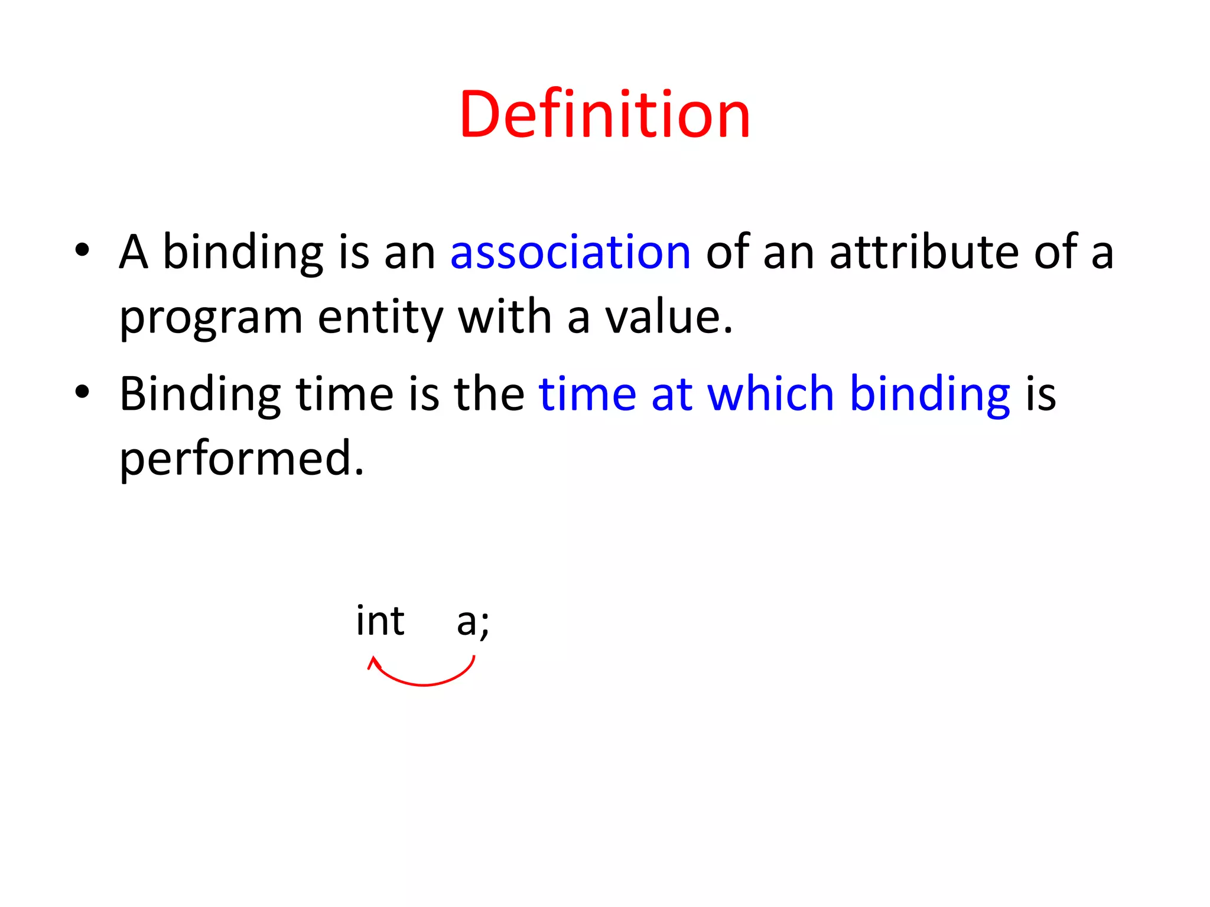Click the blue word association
tap(570, 252)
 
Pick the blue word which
tap(770, 394)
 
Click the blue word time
tap(587, 394)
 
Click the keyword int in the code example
tap(380, 621)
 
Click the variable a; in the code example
tap(473, 622)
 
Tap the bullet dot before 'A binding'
tap(82, 250)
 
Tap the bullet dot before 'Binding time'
tap(82, 391)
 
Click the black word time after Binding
tap(344, 394)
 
